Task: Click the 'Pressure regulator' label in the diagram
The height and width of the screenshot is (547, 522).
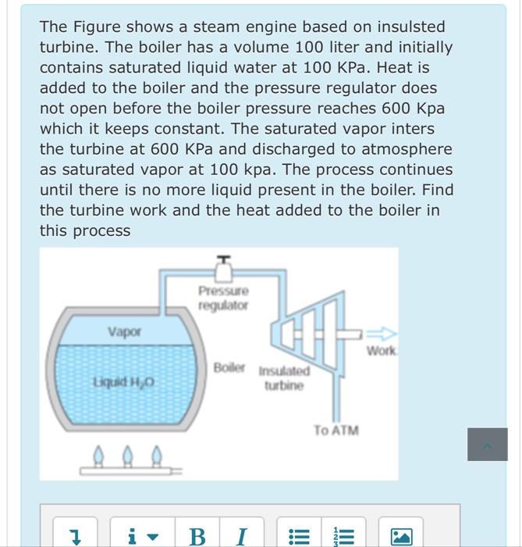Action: pos(223,298)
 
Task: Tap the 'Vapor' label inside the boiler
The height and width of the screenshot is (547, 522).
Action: pos(124,331)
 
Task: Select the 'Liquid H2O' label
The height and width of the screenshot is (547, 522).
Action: pos(124,382)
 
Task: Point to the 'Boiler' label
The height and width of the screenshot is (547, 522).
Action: pos(229,367)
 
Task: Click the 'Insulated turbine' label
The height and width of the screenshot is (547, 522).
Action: pos(284,378)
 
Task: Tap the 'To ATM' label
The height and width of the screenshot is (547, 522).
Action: pos(336,431)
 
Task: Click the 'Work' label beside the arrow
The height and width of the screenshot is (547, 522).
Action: pos(382,352)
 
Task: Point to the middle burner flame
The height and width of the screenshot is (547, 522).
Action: pos(128,453)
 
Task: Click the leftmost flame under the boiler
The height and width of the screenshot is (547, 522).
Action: pos(98,453)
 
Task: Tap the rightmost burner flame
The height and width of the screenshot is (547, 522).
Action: pos(157,453)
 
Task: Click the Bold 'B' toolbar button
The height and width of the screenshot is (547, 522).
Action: pos(197,536)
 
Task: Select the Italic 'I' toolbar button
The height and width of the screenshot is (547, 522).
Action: pos(242,536)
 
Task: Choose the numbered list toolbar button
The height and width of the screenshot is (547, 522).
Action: pos(342,536)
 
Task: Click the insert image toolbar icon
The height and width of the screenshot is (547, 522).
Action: pos(401,536)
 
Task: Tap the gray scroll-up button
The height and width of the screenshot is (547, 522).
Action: pos(488,445)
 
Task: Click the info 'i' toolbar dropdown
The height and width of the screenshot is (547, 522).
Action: pos(141,536)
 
